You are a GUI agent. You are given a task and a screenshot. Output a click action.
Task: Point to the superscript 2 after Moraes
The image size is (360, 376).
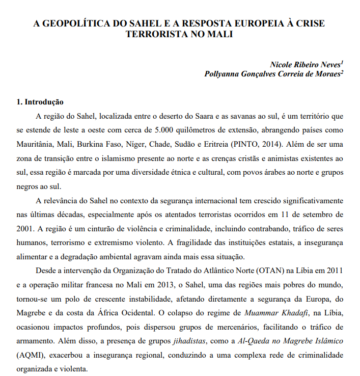click(x=342, y=72)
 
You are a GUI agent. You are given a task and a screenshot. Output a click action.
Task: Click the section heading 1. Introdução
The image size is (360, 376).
click(x=41, y=102)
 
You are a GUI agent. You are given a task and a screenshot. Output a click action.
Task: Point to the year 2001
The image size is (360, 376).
click(x=24, y=227)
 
